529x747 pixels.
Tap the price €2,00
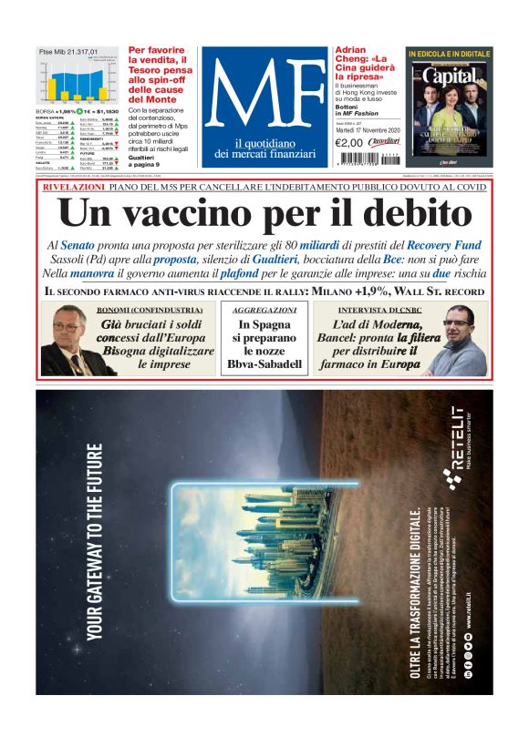[x=349, y=143]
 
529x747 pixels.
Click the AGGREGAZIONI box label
[x=264, y=311]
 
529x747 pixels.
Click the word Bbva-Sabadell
[x=264, y=363]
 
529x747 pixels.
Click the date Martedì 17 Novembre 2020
[x=368, y=129]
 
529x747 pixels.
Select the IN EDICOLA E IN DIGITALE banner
[x=449, y=55]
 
